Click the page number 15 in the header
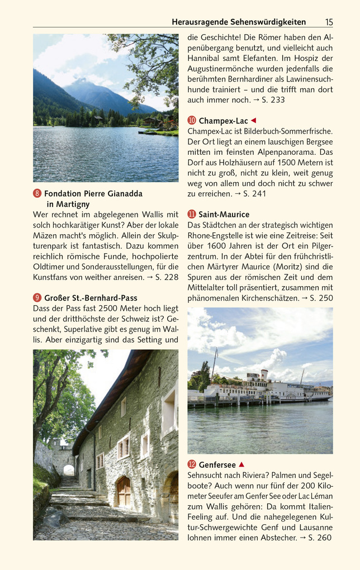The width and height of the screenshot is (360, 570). pyautogui.click(x=329, y=22)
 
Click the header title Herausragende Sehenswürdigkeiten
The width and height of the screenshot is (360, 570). pyautogui.click(x=239, y=22)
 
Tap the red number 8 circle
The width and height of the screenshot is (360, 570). pyautogui.click(x=37, y=193)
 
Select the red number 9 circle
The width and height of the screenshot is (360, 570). pyautogui.click(x=37, y=298)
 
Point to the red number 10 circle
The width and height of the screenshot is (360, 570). pyautogui.click(x=192, y=121)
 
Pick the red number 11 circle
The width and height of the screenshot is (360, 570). pyautogui.click(x=192, y=214)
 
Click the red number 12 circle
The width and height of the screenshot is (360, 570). pyautogui.click(x=192, y=464)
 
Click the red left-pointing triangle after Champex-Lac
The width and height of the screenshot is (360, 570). pyautogui.click(x=253, y=121)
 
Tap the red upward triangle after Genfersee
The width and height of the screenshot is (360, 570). pyautogui.click(x=241, y=464)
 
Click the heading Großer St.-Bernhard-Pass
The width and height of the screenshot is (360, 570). pyautogui.click(x=91, y=298)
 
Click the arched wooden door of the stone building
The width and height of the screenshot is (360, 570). pyautogui.click(x=123, y=491)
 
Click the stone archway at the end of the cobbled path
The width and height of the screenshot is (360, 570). pyautogui.click(x=68, y=470)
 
